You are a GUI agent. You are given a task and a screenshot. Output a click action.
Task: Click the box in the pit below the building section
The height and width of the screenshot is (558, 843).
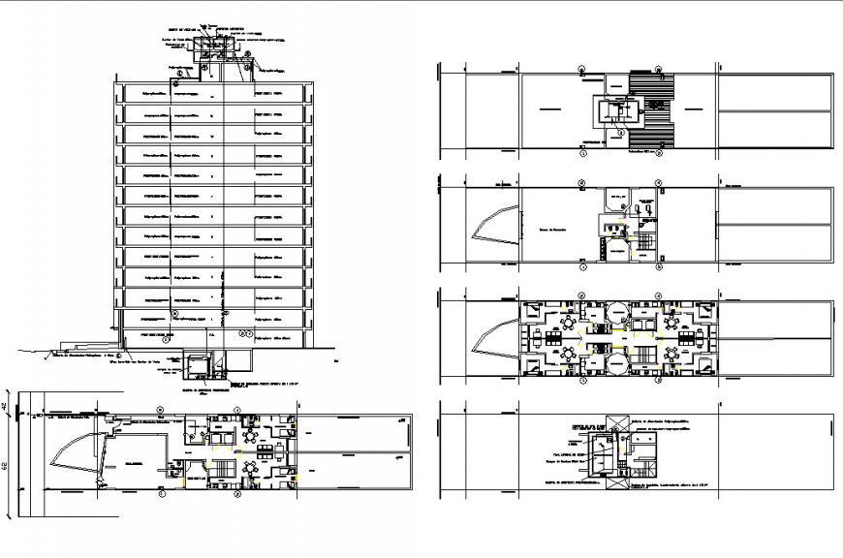[x=200, y=365]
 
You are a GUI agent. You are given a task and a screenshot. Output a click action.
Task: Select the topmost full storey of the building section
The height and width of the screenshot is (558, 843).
[x=215, y=93]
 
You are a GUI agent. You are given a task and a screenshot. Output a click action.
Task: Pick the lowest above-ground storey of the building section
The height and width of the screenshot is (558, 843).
[x=215, y=336]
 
